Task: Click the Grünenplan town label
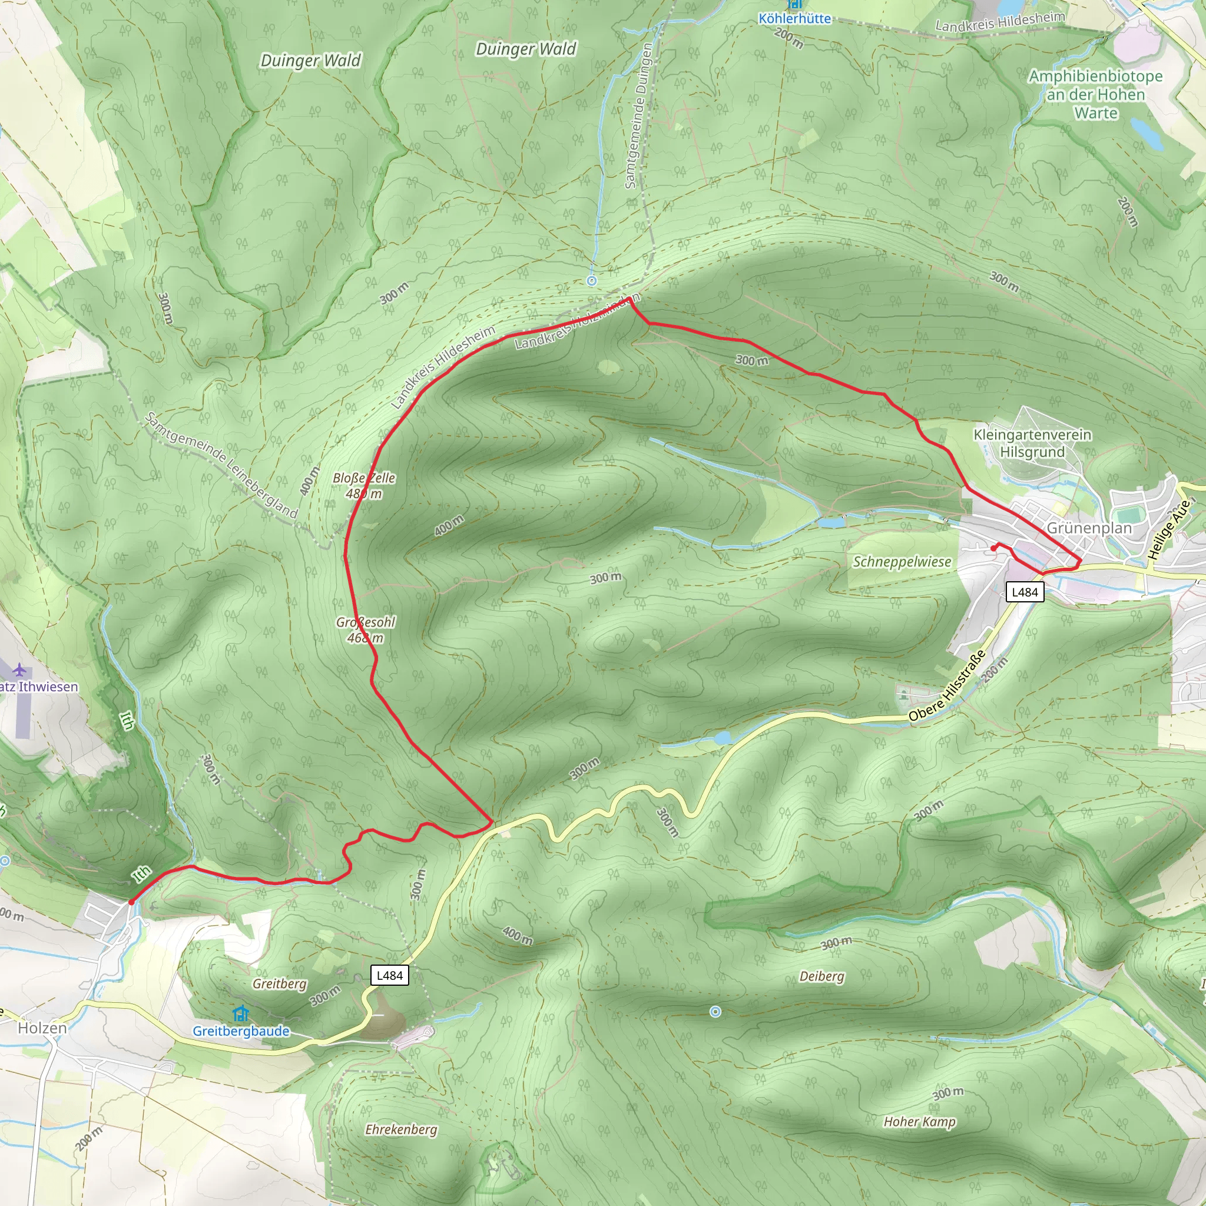1089,528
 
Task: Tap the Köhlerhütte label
794,19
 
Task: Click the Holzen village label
42,1028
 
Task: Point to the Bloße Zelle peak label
364,486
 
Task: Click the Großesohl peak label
366,629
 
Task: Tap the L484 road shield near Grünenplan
1025,592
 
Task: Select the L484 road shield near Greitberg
389,975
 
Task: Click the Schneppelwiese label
902,562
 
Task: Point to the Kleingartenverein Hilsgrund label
1032,443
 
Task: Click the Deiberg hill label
821,976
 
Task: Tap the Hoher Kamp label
919,1122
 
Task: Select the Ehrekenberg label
401,1129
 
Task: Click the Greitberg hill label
280,984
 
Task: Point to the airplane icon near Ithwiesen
20,670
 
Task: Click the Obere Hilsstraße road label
947,685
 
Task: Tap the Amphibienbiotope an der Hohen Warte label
1095,94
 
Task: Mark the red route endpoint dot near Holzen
131,902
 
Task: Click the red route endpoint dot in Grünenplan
993,548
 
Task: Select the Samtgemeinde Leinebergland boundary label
221,465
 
